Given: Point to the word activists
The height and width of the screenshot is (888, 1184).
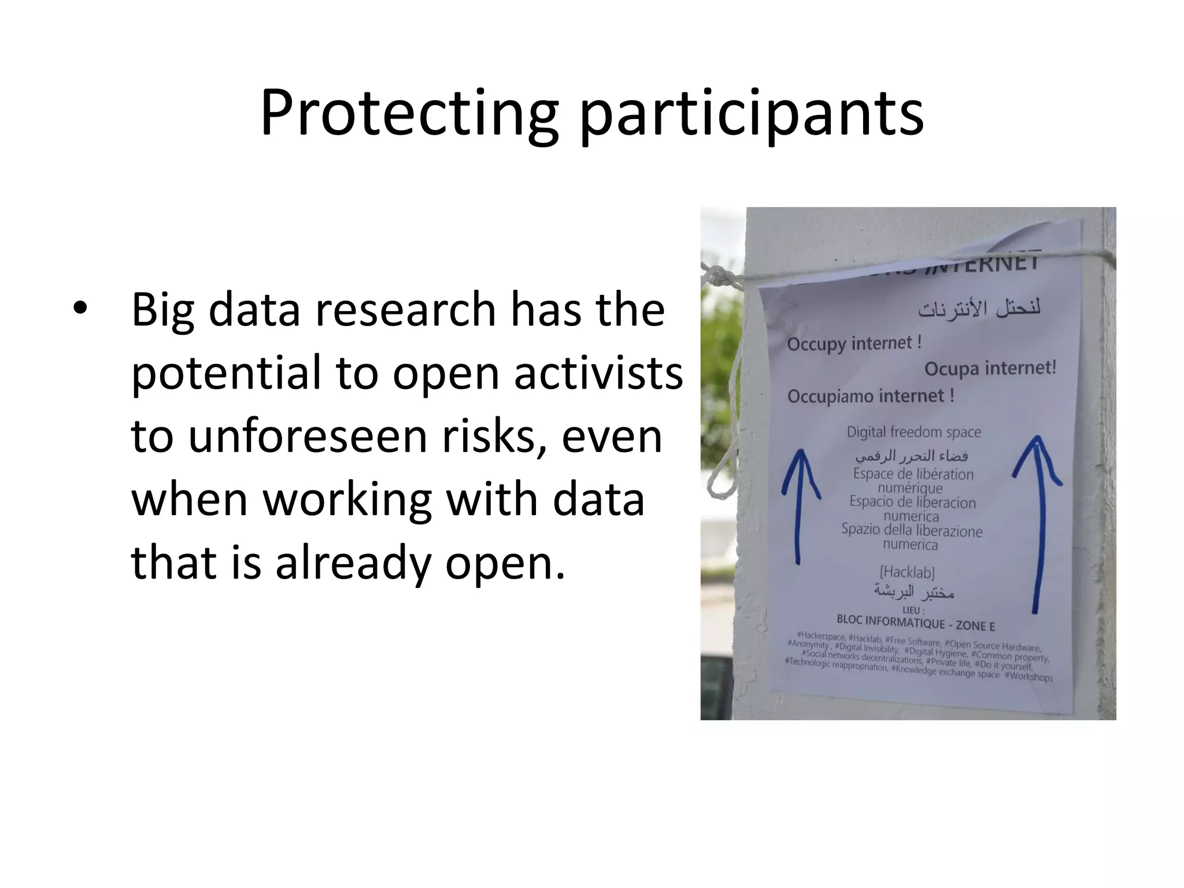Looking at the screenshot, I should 598,373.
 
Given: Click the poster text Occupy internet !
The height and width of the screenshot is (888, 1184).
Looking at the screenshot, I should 854,343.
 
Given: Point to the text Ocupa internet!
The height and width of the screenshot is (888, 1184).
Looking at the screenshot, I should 990,368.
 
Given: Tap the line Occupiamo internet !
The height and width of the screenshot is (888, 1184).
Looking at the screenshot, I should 871,397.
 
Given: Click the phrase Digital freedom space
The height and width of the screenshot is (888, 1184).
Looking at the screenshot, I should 913,432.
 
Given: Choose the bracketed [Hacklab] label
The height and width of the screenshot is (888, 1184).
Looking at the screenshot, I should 906,572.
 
